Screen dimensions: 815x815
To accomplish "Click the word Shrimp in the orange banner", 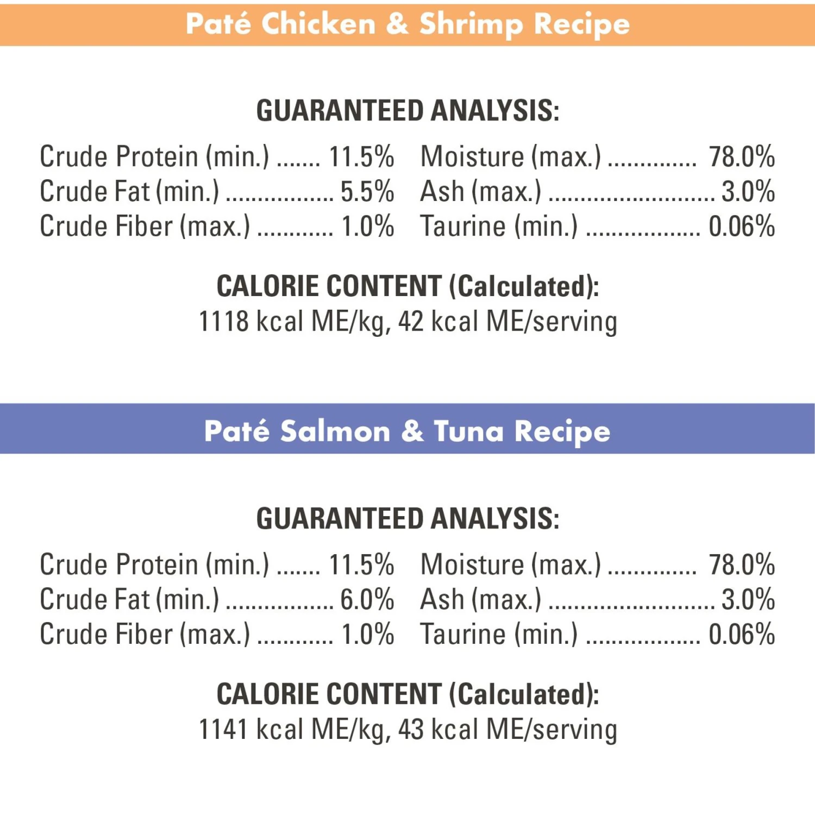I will (471, 24).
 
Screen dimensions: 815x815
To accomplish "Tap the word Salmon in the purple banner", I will (335, 432).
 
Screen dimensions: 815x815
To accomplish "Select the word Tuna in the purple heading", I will (468, 432).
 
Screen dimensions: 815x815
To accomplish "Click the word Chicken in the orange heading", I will (318, 24).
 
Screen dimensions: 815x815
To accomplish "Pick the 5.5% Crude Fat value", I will (367, 192).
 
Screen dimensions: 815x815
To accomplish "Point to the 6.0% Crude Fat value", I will (367, 600).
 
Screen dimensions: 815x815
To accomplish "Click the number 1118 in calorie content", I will (223, 321).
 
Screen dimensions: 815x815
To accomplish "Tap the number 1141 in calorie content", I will (223, 729).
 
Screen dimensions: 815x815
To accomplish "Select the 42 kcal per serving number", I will (411, 321).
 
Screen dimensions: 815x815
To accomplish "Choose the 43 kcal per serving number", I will (411, 729).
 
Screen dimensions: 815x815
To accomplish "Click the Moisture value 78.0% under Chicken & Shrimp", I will (742, 157).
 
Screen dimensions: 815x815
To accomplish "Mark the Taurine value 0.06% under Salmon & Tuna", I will (742, 635).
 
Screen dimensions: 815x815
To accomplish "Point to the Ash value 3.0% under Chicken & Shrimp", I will (748, 192).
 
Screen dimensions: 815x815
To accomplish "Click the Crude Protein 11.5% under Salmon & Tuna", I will (361, 565).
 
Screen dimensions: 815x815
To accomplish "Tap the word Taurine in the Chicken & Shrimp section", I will (463, 227).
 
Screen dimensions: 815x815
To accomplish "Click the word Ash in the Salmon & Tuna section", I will (442, 600).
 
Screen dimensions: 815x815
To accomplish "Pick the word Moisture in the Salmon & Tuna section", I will (472, 565).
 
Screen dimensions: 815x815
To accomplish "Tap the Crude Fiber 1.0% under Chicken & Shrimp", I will (367, 227).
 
